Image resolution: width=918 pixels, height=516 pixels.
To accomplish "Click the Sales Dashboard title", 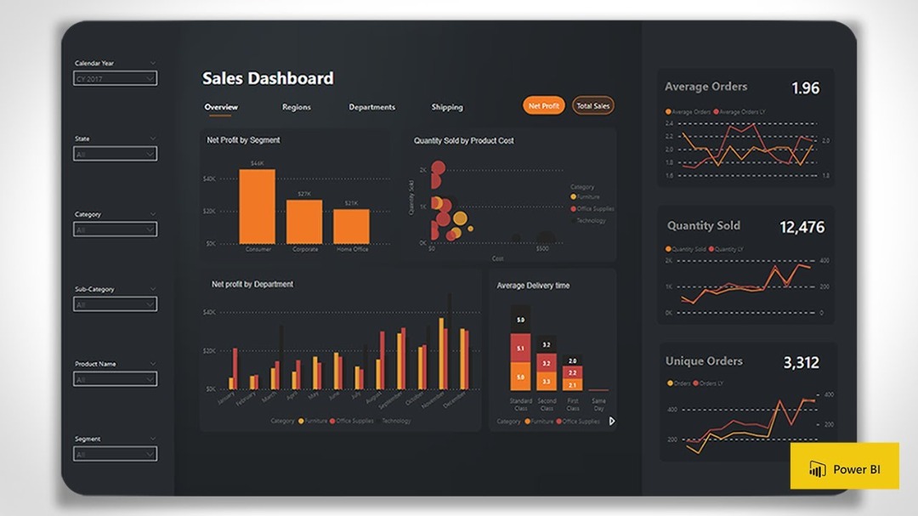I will [268, 78].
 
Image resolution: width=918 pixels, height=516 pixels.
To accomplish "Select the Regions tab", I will [297, 107].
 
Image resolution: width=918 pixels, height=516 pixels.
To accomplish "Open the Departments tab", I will [371, 107].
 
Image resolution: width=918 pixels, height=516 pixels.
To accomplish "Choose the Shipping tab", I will [446, 107].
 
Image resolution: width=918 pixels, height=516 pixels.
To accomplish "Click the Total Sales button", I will [592, 106].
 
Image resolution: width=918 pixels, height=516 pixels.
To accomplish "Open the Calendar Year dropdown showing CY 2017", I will [115, 79].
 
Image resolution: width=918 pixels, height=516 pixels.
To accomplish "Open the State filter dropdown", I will [115, 154].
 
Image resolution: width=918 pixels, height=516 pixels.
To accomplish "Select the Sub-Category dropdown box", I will [115, 304].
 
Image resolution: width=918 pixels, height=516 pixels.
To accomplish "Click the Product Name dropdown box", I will [115, 379].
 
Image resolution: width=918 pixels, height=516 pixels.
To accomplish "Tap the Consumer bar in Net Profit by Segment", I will [257, 207].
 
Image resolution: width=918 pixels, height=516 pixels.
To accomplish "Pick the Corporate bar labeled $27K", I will [303, 222].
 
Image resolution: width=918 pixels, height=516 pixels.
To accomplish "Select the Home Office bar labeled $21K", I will [351, 226].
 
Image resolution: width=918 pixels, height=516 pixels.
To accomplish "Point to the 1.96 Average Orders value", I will [805, 88].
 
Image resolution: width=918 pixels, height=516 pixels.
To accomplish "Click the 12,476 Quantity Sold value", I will [802, 227].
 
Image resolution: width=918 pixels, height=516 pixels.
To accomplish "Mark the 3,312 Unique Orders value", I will [801, 363].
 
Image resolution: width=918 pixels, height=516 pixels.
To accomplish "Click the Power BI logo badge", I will [844, 466].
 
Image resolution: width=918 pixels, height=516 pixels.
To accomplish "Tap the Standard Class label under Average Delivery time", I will [521, 404].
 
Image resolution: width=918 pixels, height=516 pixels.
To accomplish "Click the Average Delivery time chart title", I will [533, 286].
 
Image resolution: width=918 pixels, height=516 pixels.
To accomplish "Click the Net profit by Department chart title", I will [252, 284].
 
